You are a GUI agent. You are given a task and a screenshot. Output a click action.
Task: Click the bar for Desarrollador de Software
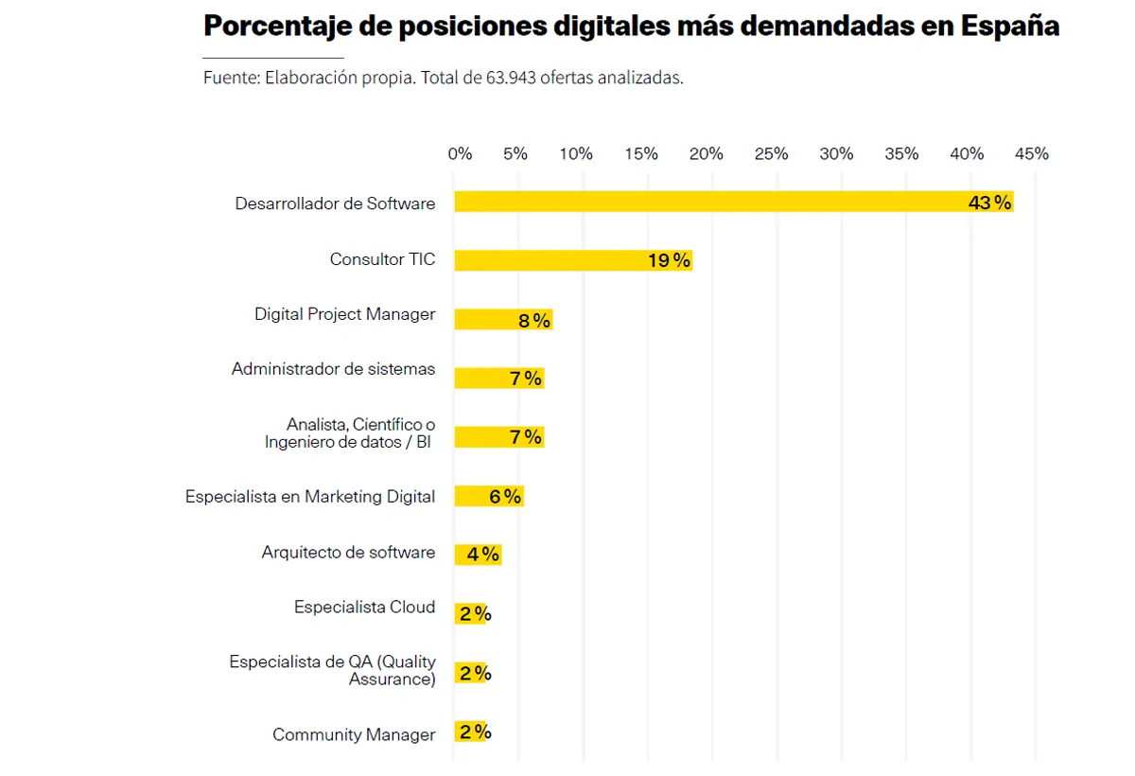point(709,202)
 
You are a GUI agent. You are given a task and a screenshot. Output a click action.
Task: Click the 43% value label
point(989,203)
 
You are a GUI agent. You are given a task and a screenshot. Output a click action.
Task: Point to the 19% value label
point(669,261)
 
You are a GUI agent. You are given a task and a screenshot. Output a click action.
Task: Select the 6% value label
point(505,497)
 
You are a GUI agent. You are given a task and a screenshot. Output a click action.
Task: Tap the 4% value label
point(482,555)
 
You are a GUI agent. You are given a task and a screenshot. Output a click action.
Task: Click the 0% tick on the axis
point(460,153)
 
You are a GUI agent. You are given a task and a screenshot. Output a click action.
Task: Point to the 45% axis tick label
point(1031,153)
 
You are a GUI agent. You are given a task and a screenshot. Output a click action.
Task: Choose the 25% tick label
point(771,153)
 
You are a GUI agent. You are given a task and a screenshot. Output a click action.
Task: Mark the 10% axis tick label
point(575,153)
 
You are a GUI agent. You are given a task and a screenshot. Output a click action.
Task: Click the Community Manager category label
point(354,734)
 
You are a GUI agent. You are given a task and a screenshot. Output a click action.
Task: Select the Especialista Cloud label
point(364,608)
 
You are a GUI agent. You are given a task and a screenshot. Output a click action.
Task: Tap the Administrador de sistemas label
point(333,369)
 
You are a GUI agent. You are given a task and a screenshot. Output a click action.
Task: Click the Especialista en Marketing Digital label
point(310,497)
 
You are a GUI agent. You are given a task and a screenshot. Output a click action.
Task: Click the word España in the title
point(1009,26)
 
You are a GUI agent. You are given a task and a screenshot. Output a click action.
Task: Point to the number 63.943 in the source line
point(511,79)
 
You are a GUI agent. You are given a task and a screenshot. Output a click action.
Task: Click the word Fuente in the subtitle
point(230,79)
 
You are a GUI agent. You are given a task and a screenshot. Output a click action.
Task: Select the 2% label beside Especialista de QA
point(475,674)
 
